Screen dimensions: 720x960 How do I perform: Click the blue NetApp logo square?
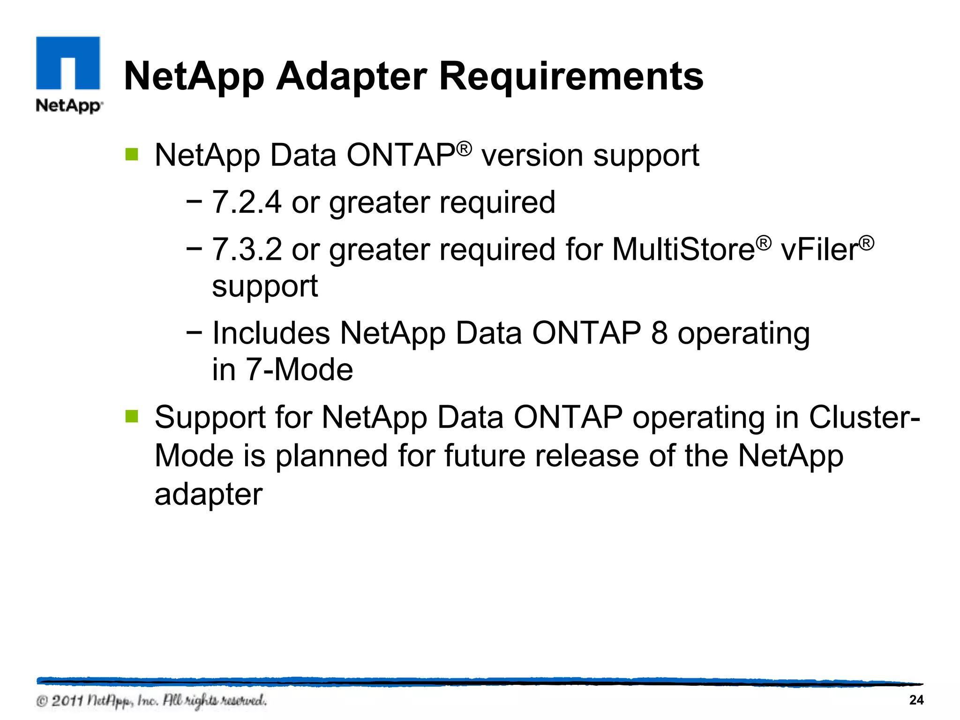point(68,63)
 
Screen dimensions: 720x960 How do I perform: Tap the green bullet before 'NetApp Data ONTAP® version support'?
point(132,154)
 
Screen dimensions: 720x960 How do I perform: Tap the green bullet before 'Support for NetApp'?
point(132,416)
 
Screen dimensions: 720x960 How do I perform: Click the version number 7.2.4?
point(247,202)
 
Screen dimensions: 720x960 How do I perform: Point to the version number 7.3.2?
point(247,249)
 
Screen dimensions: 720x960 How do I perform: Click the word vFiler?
point(819,249)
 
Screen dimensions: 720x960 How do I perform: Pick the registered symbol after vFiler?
point(867,243)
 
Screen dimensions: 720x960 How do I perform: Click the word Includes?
point(271,333)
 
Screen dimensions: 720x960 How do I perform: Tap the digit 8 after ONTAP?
point(659,333)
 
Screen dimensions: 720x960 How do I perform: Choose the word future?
point(485,456)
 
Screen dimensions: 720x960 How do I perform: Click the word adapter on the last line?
point(209,495)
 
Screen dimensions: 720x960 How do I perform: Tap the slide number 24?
point(916,700)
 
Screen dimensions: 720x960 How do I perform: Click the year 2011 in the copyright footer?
point(67,701)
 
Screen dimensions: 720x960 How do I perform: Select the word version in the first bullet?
point(532,156)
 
